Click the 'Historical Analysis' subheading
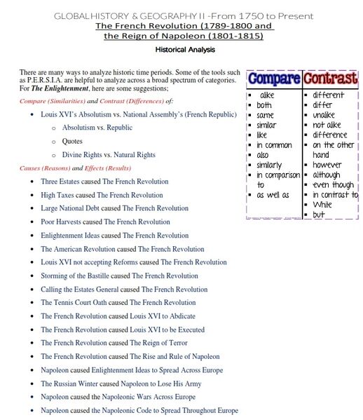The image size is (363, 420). [185, 50]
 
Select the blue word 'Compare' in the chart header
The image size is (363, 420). [274, 79]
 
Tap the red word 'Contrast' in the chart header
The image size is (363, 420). [330, 79]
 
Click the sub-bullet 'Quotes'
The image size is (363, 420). [72, 141]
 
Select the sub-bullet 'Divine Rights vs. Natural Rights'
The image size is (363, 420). [109, 154]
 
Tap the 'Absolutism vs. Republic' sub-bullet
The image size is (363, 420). [97, 128]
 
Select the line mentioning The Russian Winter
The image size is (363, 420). [121, 384]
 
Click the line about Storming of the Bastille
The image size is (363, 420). [119, 276]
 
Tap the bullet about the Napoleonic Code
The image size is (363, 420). [139, 410]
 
